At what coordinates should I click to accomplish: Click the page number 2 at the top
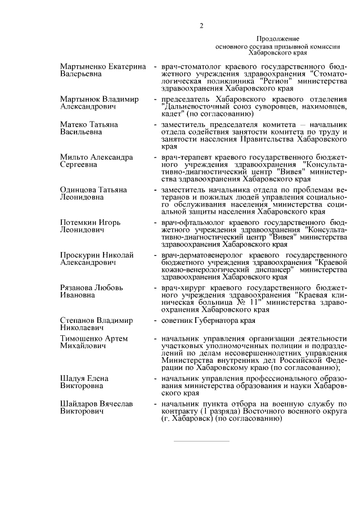click(x=201, y=25)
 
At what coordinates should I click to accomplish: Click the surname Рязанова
click(x=78, y=288)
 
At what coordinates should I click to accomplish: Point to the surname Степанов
click(x=78, y=321)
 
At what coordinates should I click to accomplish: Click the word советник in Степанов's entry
click(x=178, y=321)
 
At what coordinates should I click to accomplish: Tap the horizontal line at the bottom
click(x=201, y=441)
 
